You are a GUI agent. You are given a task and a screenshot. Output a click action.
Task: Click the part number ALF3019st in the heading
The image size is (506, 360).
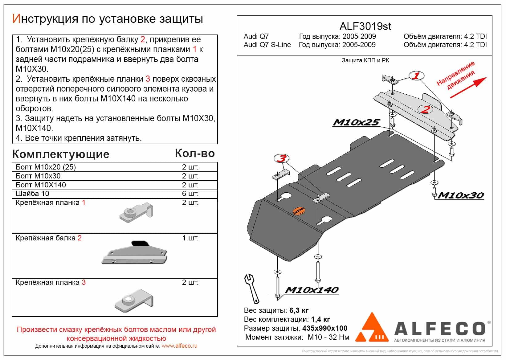tap(365, 27)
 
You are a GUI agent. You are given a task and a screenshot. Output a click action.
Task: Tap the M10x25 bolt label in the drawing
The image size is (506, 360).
tap(356, 123)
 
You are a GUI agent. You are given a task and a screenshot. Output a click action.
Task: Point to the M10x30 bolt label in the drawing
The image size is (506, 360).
tap(461, 195)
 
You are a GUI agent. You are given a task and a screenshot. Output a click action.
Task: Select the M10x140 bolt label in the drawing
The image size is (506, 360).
tap(312, 290)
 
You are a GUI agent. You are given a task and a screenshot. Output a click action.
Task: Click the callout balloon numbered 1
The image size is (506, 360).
tap(416, 76)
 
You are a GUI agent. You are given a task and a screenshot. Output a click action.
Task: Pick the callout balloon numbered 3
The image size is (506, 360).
tap(281, 159)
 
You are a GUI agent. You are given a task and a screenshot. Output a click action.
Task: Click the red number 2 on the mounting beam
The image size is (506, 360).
tap(426, 109)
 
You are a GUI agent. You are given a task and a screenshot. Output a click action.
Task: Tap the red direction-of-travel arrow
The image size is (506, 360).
tap(468, 88)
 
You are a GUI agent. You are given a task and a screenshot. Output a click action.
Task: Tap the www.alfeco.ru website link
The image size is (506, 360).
tap(179, 346)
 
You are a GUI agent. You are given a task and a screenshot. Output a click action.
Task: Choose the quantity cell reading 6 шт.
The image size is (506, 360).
tap(190, 194)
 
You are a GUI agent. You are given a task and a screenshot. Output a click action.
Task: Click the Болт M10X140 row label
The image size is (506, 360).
tap(41, 185)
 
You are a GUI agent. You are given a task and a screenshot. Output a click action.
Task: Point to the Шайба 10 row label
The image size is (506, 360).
tap(32, 194)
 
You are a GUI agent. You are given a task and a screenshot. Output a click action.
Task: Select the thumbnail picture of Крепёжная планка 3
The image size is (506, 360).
tap(134, 301)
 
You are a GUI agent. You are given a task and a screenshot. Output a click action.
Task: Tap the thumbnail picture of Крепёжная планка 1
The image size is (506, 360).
tap(136, 212)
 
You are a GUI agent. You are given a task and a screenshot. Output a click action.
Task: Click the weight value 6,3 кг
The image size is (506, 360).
tap(299, 310)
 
